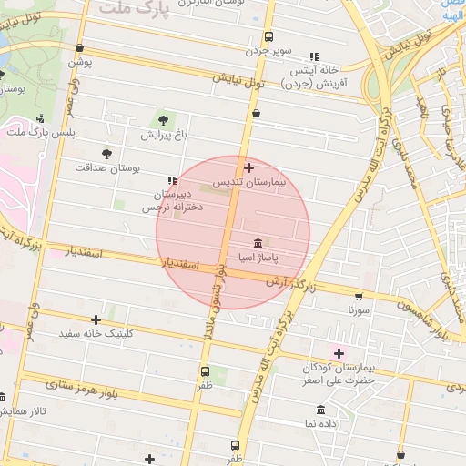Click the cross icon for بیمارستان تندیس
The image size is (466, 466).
249,167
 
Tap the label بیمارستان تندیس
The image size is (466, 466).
249,183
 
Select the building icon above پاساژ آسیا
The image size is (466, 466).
258,243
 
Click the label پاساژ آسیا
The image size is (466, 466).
258,258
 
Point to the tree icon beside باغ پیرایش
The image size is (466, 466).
163,118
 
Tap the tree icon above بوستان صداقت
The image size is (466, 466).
107,154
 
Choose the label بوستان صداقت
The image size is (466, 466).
107,168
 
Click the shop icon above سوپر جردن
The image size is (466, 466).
268,37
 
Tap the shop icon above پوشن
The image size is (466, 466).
81,49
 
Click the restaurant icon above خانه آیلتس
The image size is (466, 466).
314,56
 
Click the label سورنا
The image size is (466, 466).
358,309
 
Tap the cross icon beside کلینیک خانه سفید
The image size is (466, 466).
96,319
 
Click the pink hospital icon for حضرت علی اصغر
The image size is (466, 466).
339,353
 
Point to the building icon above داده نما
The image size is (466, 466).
320,410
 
